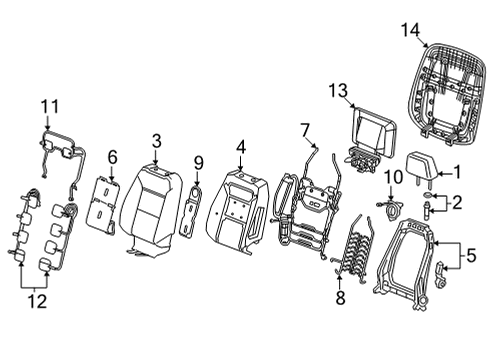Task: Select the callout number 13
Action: [335, 91]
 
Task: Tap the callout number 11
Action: [50, 105]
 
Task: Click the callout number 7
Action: [306, 128]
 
